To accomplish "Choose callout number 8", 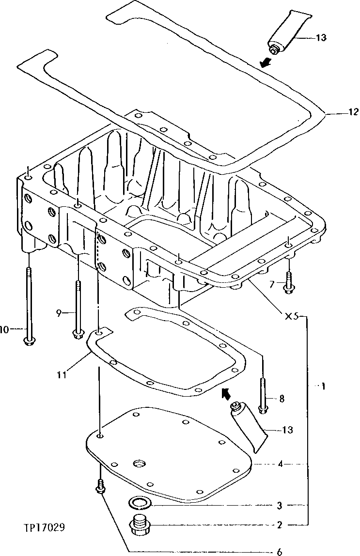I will click(x=282, y=399).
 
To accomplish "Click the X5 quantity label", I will click(x=292, y=317).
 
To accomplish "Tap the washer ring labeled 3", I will click(x=140, y=503).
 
